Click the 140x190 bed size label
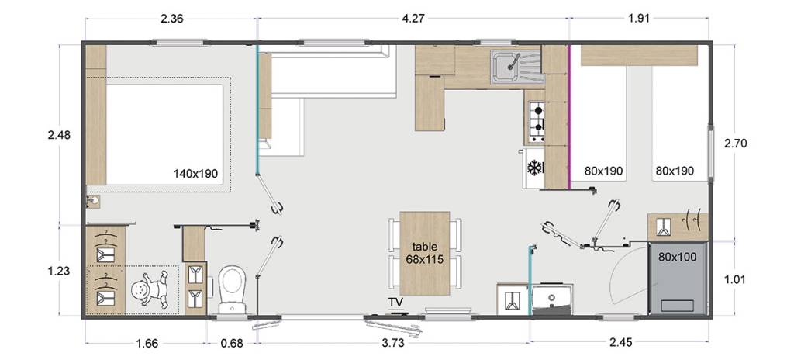pos(195,174)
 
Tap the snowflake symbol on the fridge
pos(535,168)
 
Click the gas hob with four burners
pos(537,122)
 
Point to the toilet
pos(233,290)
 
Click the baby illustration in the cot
pos(150,289)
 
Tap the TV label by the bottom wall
pos(395,303)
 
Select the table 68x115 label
pos(424,253)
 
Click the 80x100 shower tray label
pos(678,257)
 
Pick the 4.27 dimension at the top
pos(413,19)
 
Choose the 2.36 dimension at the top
pos(171,19)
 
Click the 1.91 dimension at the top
pos(639,19)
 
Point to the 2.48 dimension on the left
pos(59,135)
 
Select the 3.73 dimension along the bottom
pos(392,343)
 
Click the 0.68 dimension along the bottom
pos(233,343)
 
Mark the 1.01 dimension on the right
pos(735,279)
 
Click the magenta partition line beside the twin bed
pos(570,117)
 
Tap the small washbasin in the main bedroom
pos(93,202)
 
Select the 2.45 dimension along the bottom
pos(621,343)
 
